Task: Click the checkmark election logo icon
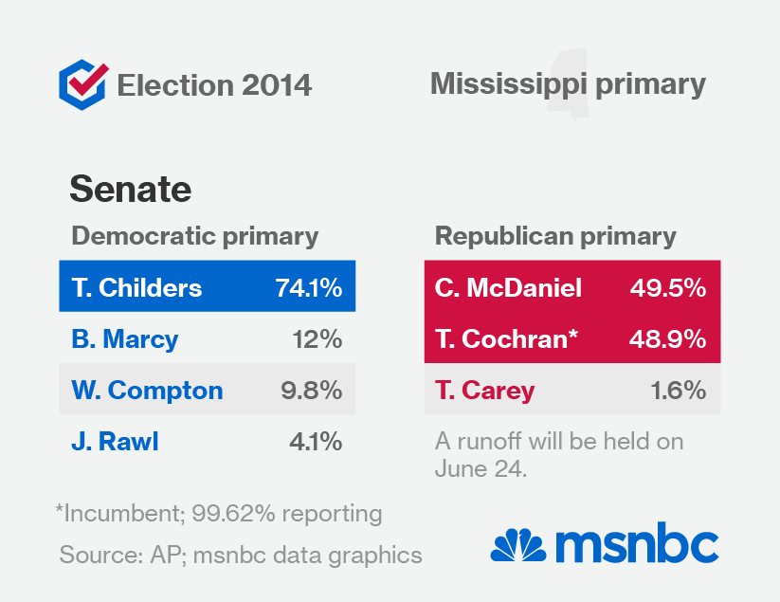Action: coord(82,84)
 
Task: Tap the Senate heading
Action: coord(131,189)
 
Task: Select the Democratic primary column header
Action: coord(195,236)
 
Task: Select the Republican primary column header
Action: coord(555,236)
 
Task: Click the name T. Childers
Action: coord(136,287)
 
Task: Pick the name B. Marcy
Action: coord(124,338)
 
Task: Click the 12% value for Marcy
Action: coord(317,338)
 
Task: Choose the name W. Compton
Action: coord(147,390)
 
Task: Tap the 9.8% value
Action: coord(311,390)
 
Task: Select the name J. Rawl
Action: coord(113,441)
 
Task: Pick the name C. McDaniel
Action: coord(509,287)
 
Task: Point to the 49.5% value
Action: coord(668,287)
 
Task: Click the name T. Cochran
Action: coord(506,338)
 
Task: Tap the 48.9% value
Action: coord(668,338)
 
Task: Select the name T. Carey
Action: coord(484,390)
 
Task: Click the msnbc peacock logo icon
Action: coord(518,545)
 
